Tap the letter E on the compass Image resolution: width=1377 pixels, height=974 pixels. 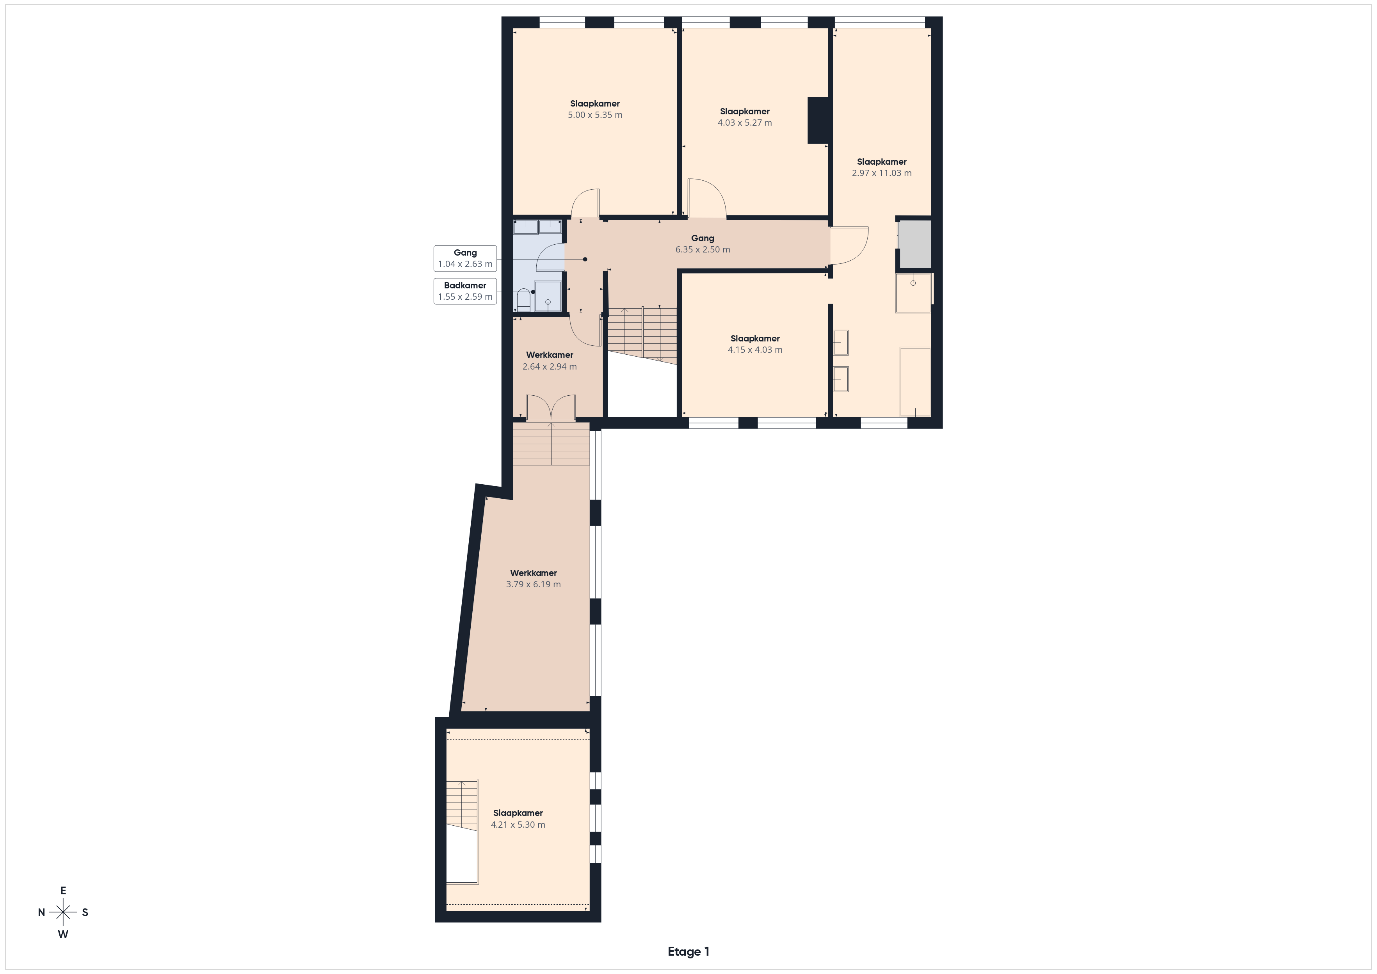click(x=63, y=890)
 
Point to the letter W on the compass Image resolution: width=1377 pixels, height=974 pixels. click(x=63, y=934)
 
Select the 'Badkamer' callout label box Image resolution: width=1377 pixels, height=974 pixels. click(x=465, y=291)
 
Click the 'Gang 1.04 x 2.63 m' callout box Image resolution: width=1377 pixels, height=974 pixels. click(x=465, y=258)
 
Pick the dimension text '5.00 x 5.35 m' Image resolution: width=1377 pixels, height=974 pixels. click(x=595, y=115)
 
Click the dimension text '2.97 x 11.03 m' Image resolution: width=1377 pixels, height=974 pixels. click(x=882, y=173)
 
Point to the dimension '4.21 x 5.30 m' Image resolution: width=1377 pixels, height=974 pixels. click(x=518, y=825)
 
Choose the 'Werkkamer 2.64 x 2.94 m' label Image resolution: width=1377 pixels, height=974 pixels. click(x=550, y=361)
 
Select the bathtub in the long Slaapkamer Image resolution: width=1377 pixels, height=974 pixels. click(x=915, y=381)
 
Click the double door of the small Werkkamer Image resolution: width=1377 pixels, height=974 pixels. click(x=551, y=408)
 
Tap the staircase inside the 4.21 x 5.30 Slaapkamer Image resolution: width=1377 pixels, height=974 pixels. click(x=463, y=831)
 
